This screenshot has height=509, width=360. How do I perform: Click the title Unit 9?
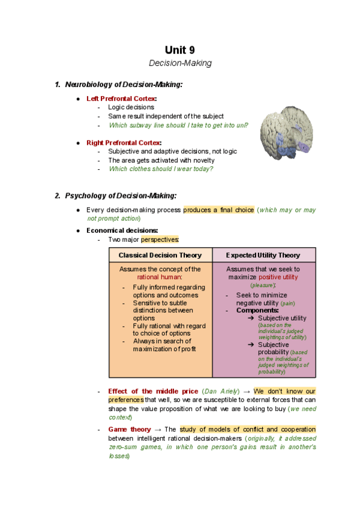click(x=179, y=50)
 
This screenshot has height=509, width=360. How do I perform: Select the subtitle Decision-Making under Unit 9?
click(x=180, y=63)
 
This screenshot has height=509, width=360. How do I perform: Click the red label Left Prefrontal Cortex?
click(x=122, y=98)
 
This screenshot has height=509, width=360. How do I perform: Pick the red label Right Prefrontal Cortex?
click(x=124, y=143)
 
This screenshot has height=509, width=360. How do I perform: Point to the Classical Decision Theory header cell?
click(x=160, y=255)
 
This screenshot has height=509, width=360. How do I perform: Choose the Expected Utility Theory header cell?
click(x=263, y=255)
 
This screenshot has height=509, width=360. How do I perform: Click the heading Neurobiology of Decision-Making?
click(x=123, y=85)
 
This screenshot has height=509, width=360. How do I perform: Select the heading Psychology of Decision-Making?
click(x=121, y=196)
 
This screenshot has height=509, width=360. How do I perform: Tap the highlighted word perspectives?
click(x=160, y=240)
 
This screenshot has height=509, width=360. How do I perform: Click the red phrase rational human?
click(x=160, y=277)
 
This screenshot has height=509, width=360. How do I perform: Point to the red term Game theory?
click(x=130, y=430)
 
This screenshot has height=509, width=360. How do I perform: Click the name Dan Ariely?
click(x=223, y=391)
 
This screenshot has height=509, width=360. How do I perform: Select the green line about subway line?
click(x=178, y=125)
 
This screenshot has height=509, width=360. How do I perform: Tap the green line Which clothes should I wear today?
click(x=161, y=169)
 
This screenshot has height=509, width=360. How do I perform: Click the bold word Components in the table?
click(x=257, y=310)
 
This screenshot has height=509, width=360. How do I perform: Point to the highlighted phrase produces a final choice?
click(x=218, y=210)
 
